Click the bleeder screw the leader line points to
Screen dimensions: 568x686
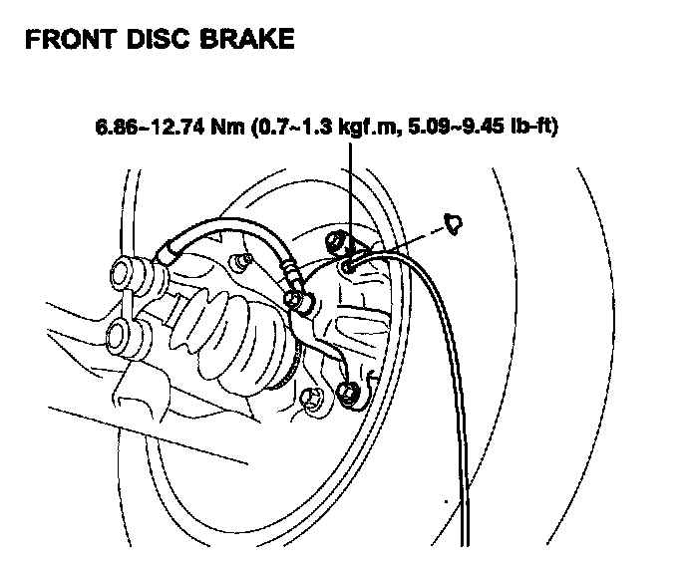click(348, 266)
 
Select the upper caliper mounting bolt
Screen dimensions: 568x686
click(335, 239)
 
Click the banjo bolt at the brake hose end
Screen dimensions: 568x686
click(297, 297)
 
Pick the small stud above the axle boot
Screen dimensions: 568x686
click(239, 262)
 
